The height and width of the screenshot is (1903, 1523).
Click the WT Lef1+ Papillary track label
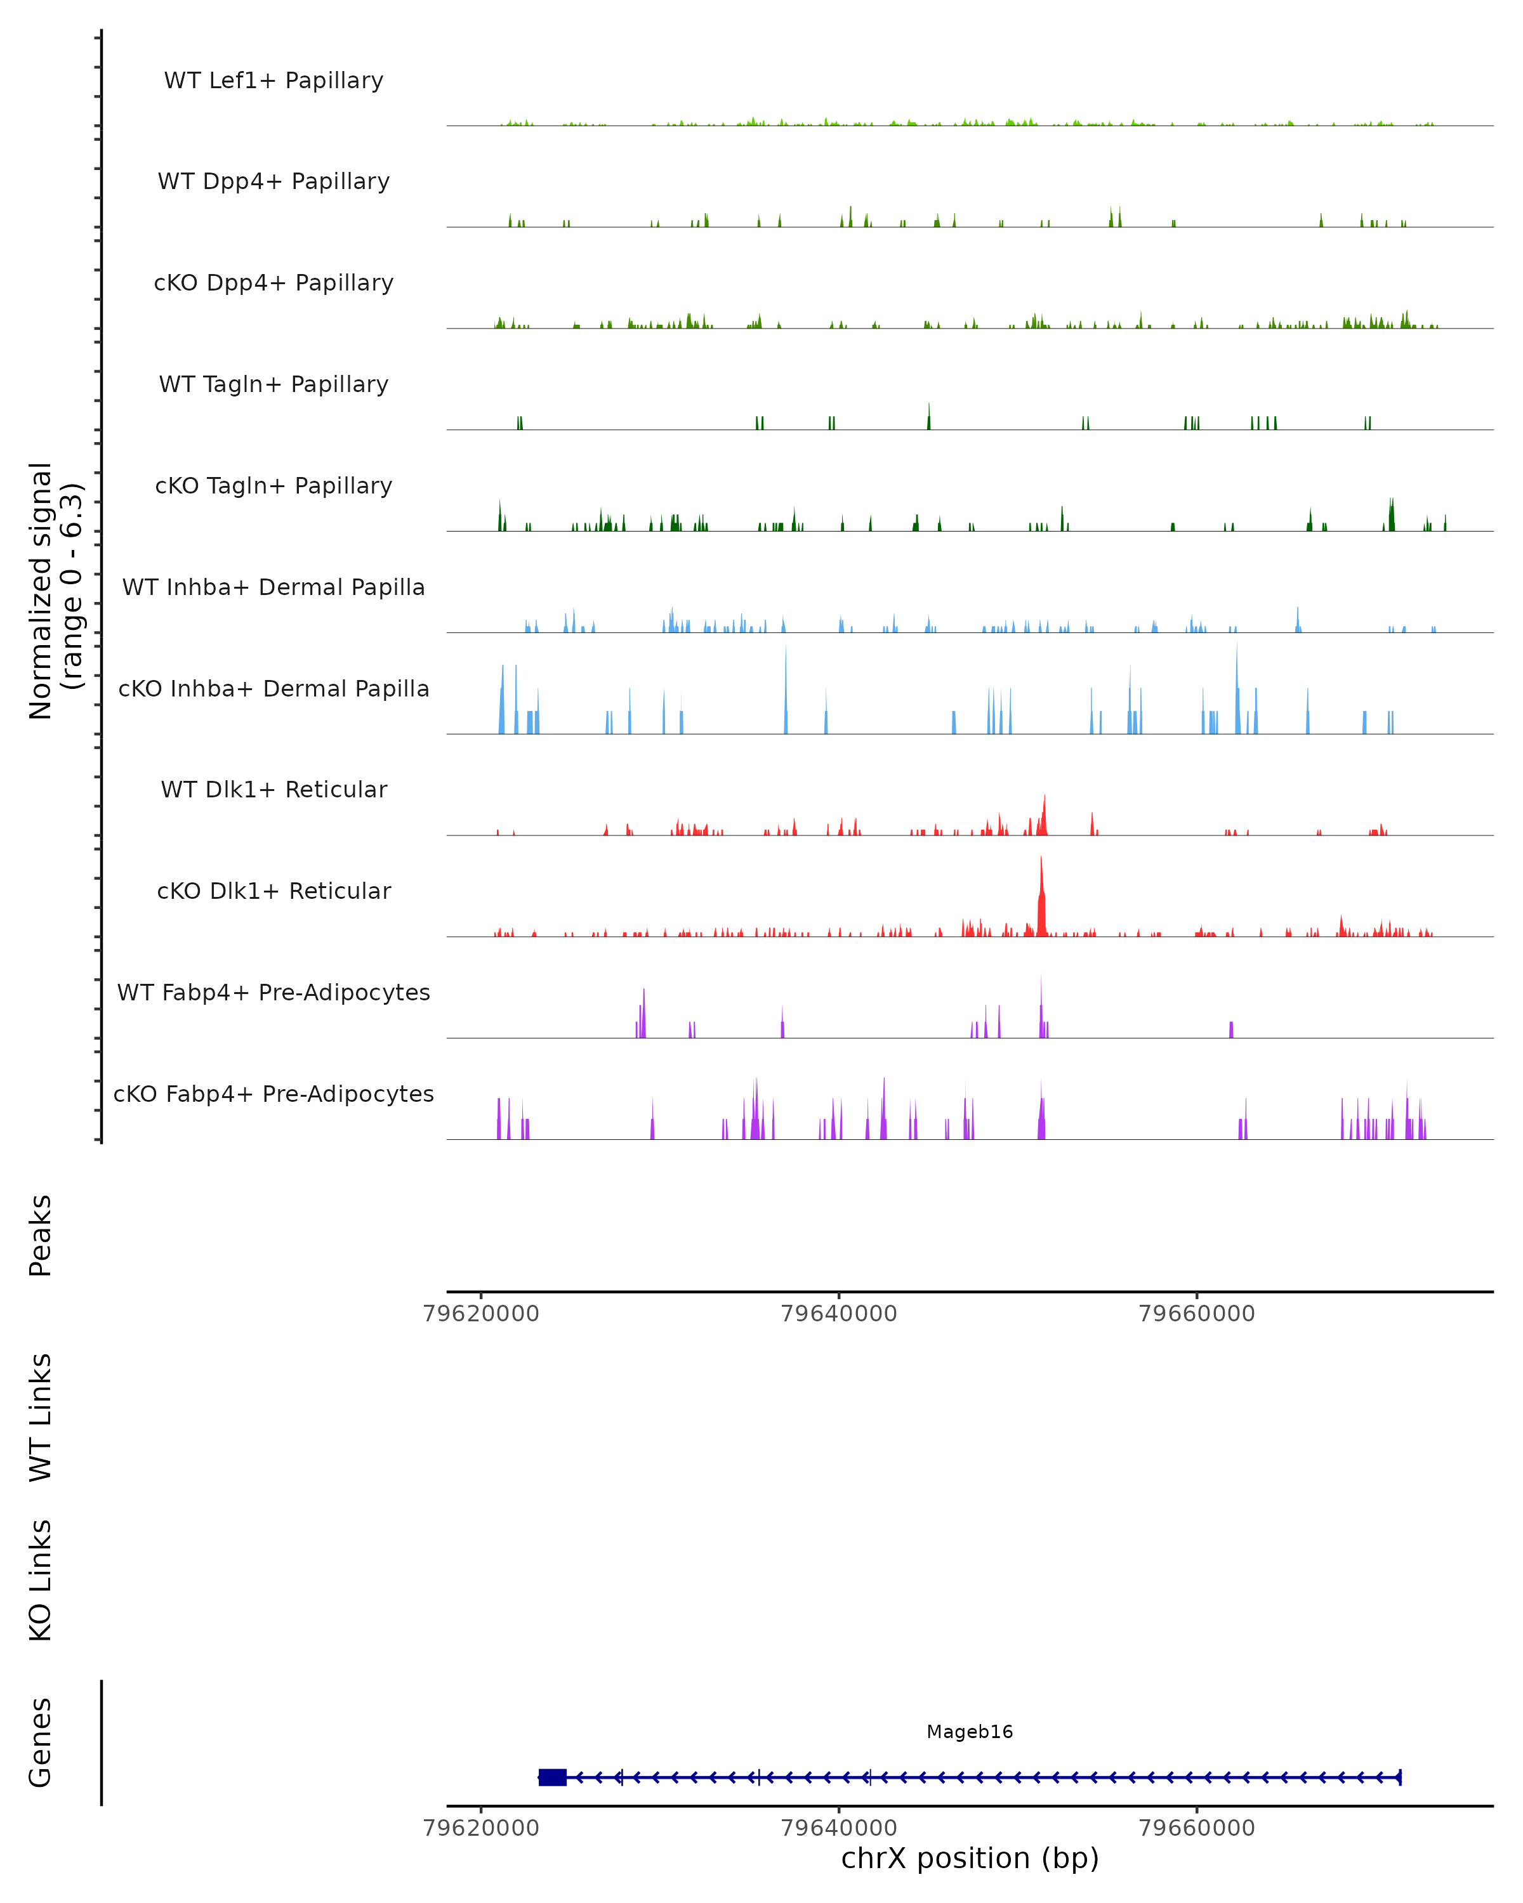click(274, 81)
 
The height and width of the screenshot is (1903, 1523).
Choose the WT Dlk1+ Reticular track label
click(274, 789)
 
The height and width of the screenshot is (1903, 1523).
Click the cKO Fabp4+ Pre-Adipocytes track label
click(274, 1094)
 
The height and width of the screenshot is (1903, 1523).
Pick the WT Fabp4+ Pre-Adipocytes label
click(274, 992)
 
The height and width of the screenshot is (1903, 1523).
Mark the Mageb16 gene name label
click(970, 1732)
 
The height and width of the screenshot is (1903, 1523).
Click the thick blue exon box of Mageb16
click(553, 1777)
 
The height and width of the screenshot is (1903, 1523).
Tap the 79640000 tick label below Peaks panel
click(839, 1314)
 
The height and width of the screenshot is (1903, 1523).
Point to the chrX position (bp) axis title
click(970, 1859)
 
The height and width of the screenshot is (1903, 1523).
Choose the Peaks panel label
click(41, 1235)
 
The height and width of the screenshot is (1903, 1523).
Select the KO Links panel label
click(41, 1581)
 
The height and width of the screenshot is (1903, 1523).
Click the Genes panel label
click(41, 1743)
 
